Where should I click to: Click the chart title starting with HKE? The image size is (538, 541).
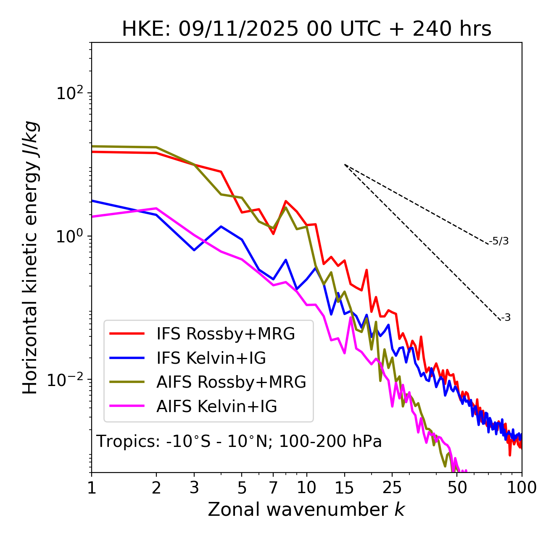pyautogui.click(x=306, y=29)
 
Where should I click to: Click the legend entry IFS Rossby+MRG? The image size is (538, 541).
pyautogui.click(x=225, y=334)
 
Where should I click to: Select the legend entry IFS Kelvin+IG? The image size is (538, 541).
pyautogui.click(x=211, y=358)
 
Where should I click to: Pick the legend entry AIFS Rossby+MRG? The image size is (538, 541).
pyautogui.click(x=231, y=382)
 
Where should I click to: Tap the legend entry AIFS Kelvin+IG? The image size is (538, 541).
pyautogui.click(x=216, y=407)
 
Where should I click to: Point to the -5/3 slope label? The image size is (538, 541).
pyautogui.click(x=499, y=241)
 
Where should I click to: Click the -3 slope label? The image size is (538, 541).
pyautogui.click(x=505, y=318)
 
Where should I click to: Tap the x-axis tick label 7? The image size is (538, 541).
pyautogui.click(x=273, y=488)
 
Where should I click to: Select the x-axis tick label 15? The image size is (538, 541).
pyautogui.click(x=345, y=488)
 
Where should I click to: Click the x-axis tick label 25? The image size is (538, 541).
pyautogui.click(x=392, y=488)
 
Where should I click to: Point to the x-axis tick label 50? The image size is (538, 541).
pyautogui.click(x=457, y=488)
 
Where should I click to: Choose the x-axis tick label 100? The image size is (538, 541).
pyautogui.click(x=522, y=488)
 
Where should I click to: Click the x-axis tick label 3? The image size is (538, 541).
pyautogui.click(x=194, y=488)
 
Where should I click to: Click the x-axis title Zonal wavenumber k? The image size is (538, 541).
pyautogui.click(x=306, y=509)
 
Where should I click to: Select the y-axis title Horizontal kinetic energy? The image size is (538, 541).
pyautogui.click(x=31, y=257)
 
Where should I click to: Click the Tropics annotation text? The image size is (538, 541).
pyautogui.click(x=239, y=442)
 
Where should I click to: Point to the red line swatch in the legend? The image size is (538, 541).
pyautogui.click(x=127, y=334)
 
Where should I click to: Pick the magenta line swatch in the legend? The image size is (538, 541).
pyautogui.click(x=127, y=407)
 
